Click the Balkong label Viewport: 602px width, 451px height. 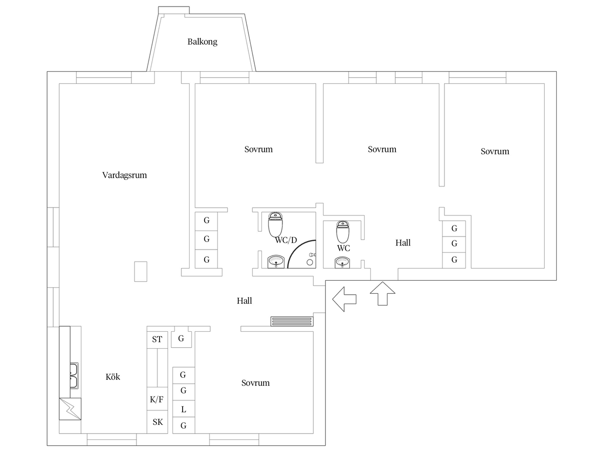click(x=202, y=42)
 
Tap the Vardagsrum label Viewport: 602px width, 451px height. click(x=124, y=175)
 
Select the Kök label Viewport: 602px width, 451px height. click(x=113, y=377)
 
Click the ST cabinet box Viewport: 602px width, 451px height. click(x=157, y=340)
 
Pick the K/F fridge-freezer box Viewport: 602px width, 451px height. click(x=157, y=399)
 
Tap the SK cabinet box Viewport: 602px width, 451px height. click(x=157, y=422)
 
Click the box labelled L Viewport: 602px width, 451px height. click(x=184, y=409)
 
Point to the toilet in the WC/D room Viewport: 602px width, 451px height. click(x=275, y=224)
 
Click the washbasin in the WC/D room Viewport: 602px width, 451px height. click(x=276, y=262)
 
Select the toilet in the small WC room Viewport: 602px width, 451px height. click(x=343, y=232)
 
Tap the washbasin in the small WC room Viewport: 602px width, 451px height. click(x=342, y=262)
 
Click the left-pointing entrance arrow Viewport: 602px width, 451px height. click(x=344, y=299)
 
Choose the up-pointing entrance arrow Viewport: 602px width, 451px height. click(x=383, y=293)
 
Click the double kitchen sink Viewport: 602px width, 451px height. click(x=74, y=376)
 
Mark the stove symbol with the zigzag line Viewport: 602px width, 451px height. click(x=70, y=409)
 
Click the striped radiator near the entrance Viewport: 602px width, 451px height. click(x=292, y=322)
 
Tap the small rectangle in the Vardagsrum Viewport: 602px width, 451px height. click(x=140, y=272)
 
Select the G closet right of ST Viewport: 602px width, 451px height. click(x=181, y=339)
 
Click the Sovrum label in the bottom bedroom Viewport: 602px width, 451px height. click(x=255, y=383)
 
